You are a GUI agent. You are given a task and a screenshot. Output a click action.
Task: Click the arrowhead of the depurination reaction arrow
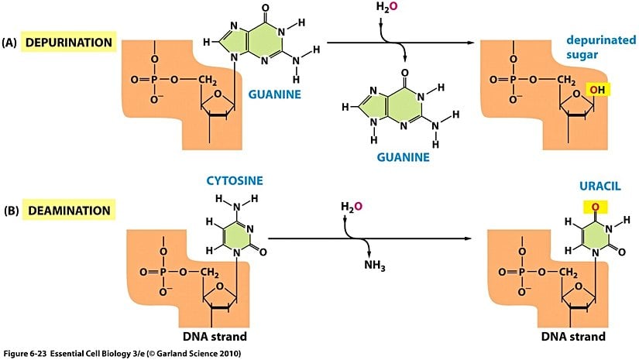pos(472,43)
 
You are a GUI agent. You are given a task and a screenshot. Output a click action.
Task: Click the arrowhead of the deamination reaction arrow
pos(471,238)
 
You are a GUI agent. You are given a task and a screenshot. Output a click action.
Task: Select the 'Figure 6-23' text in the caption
pos(27,353)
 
